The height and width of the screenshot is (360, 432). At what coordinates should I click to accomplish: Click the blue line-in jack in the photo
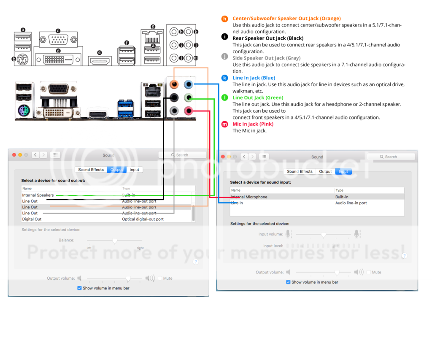189,84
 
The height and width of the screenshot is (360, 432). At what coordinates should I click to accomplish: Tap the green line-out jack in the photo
189,98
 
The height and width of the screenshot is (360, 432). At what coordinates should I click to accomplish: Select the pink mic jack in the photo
189,111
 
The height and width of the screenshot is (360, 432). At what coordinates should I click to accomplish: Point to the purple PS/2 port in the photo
23,111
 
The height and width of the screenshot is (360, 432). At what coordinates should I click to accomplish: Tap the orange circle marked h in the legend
224,19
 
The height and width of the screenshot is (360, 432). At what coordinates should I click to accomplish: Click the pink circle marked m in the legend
224,124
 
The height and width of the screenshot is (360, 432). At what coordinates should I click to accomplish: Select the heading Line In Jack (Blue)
254,78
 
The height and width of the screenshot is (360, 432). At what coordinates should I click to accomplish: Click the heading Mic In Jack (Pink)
253,124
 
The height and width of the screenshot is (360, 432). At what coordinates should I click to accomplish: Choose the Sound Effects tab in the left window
91,170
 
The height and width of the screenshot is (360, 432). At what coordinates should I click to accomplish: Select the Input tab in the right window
343,172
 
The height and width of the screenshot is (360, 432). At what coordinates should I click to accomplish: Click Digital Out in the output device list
32,219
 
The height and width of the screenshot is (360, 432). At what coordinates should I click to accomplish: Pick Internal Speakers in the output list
38,195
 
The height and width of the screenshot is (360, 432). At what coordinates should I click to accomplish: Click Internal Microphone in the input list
249,197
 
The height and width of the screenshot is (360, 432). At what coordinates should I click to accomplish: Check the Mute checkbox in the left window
160,279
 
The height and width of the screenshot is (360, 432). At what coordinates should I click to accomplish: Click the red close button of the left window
14,155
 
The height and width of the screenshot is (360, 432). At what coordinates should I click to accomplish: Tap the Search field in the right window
391,157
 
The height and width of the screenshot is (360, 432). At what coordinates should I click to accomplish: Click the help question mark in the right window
404,256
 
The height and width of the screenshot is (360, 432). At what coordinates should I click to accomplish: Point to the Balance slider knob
114,241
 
